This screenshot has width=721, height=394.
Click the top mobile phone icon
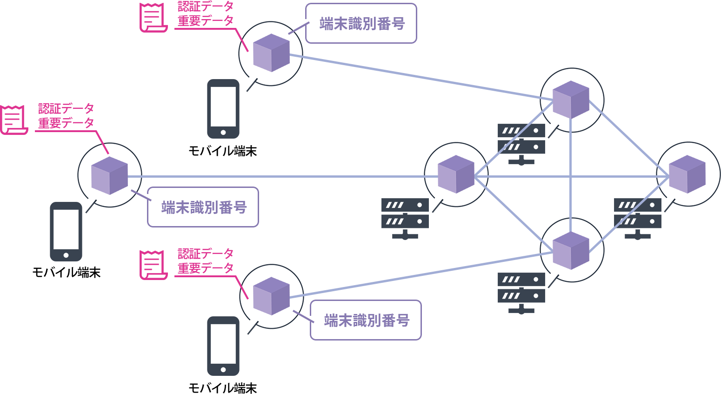pyautogui.click(x=223, y=109)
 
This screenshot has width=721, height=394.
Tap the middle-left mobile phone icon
pyautogui.click(x=66, y=232)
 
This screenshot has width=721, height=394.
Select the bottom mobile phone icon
pyautogui.click(x=223, y=346)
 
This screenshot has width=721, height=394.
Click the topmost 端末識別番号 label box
pyautogui.click(x=361, y=24)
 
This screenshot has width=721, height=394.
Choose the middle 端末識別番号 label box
pyautogui.click(x=203, y=207)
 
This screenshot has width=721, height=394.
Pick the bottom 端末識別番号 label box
pyautogui.click(x=366, y=320)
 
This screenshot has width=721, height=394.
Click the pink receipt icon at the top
pyautogui.click(x=153, y=18)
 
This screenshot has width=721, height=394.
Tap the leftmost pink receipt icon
pyautogui.click(x=13, y=120)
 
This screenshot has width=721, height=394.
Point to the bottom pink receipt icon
pyautogui.click(x=153, y=265)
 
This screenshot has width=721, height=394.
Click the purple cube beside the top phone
pyautogui.click(x=271, y=53)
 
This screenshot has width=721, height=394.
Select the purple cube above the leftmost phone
pyautogui.click(x=109, y=175)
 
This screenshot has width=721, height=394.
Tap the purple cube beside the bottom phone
pyautogui.click(x=271, y=296)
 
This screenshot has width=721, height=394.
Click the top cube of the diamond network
pyautogui.click(x=571, y=100)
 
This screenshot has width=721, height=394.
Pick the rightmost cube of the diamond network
pyautogui.click(x=687, y=174)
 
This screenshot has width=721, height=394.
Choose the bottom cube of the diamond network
pyautogui.click(x=571, y=251)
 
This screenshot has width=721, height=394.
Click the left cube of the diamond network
pyautogui.click(x=456, y=174)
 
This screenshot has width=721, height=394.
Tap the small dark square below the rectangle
pyautogui.click(x=521, y=294)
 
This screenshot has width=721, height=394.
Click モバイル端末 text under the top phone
pyautogui.click(x=223, y=151)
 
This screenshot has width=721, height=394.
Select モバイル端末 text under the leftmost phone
pyautogui.click(x=67, y=273)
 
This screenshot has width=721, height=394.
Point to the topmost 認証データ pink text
pyautogui.click(x=206, y=7)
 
